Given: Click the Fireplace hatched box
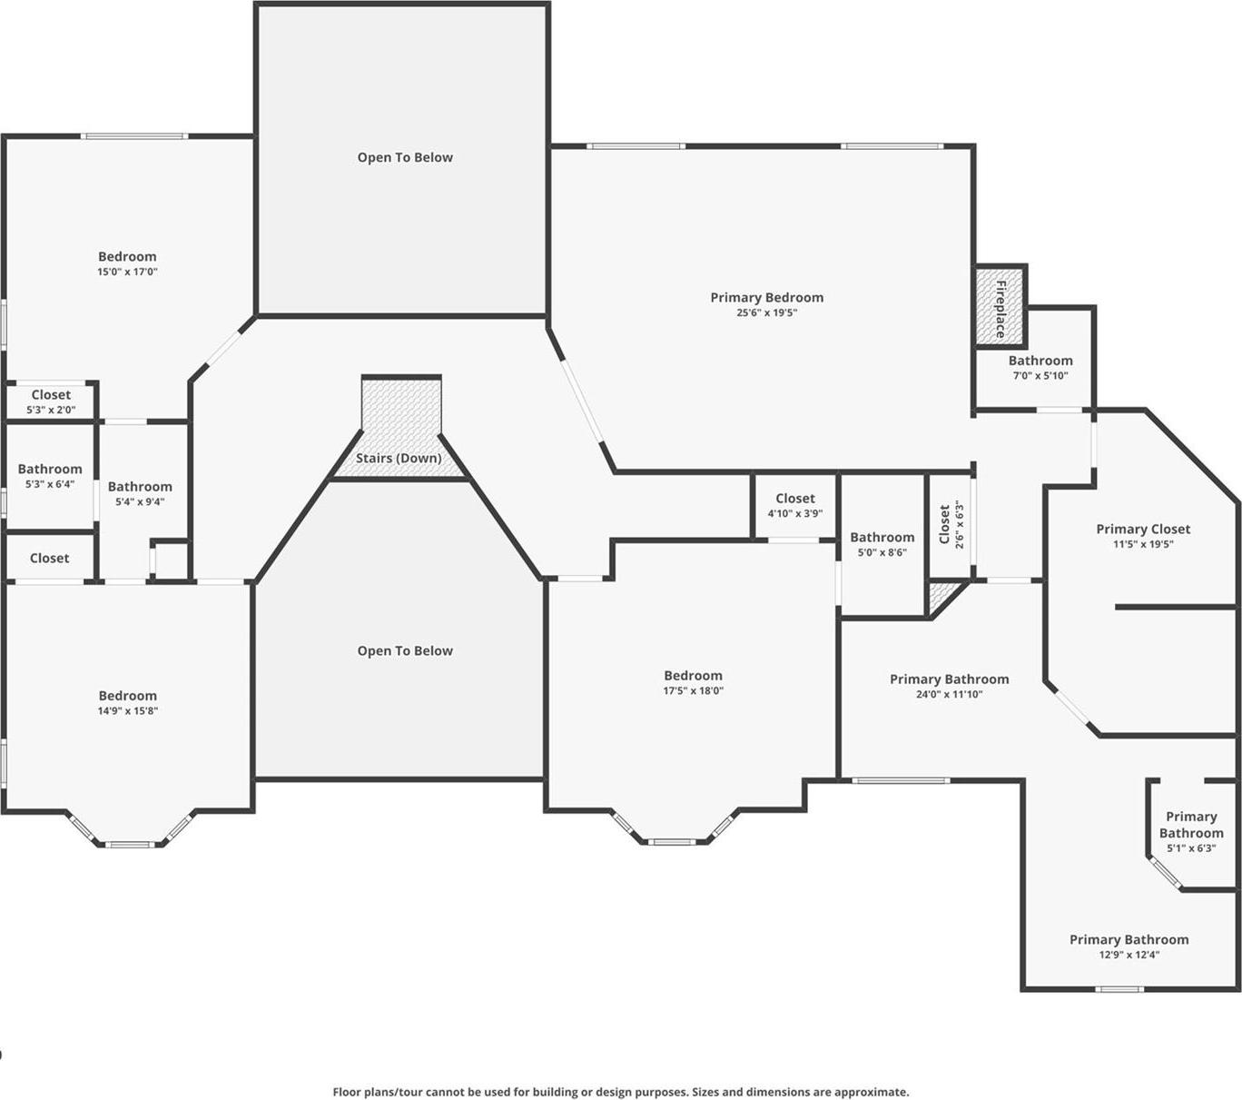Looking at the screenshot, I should [1000, 306].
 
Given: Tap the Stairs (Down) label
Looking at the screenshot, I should [399, 458].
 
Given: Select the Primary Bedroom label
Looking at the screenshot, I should [766, 297].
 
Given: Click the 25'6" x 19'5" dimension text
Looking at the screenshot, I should [766, 312].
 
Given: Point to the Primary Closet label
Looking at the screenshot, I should [1142, 529].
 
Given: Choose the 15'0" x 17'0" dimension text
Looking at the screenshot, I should [127, 272].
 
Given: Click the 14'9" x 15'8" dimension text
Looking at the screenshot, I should [127, 711].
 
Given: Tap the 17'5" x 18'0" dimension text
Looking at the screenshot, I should [693, 690].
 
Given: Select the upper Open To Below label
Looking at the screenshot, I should [405, 157].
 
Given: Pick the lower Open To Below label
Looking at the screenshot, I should [405, 650].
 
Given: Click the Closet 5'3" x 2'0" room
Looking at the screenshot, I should [51, 401].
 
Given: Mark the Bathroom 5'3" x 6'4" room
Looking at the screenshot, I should [50, 476].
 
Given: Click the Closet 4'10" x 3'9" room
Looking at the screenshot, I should [795, 505].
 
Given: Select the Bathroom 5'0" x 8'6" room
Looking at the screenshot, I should [882, 544].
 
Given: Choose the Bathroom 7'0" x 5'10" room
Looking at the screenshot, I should [1040, 367].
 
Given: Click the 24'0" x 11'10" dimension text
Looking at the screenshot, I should [949, 695].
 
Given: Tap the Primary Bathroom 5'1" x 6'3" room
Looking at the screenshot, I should [1190, 831].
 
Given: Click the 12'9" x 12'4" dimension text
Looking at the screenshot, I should [1129, 955].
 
